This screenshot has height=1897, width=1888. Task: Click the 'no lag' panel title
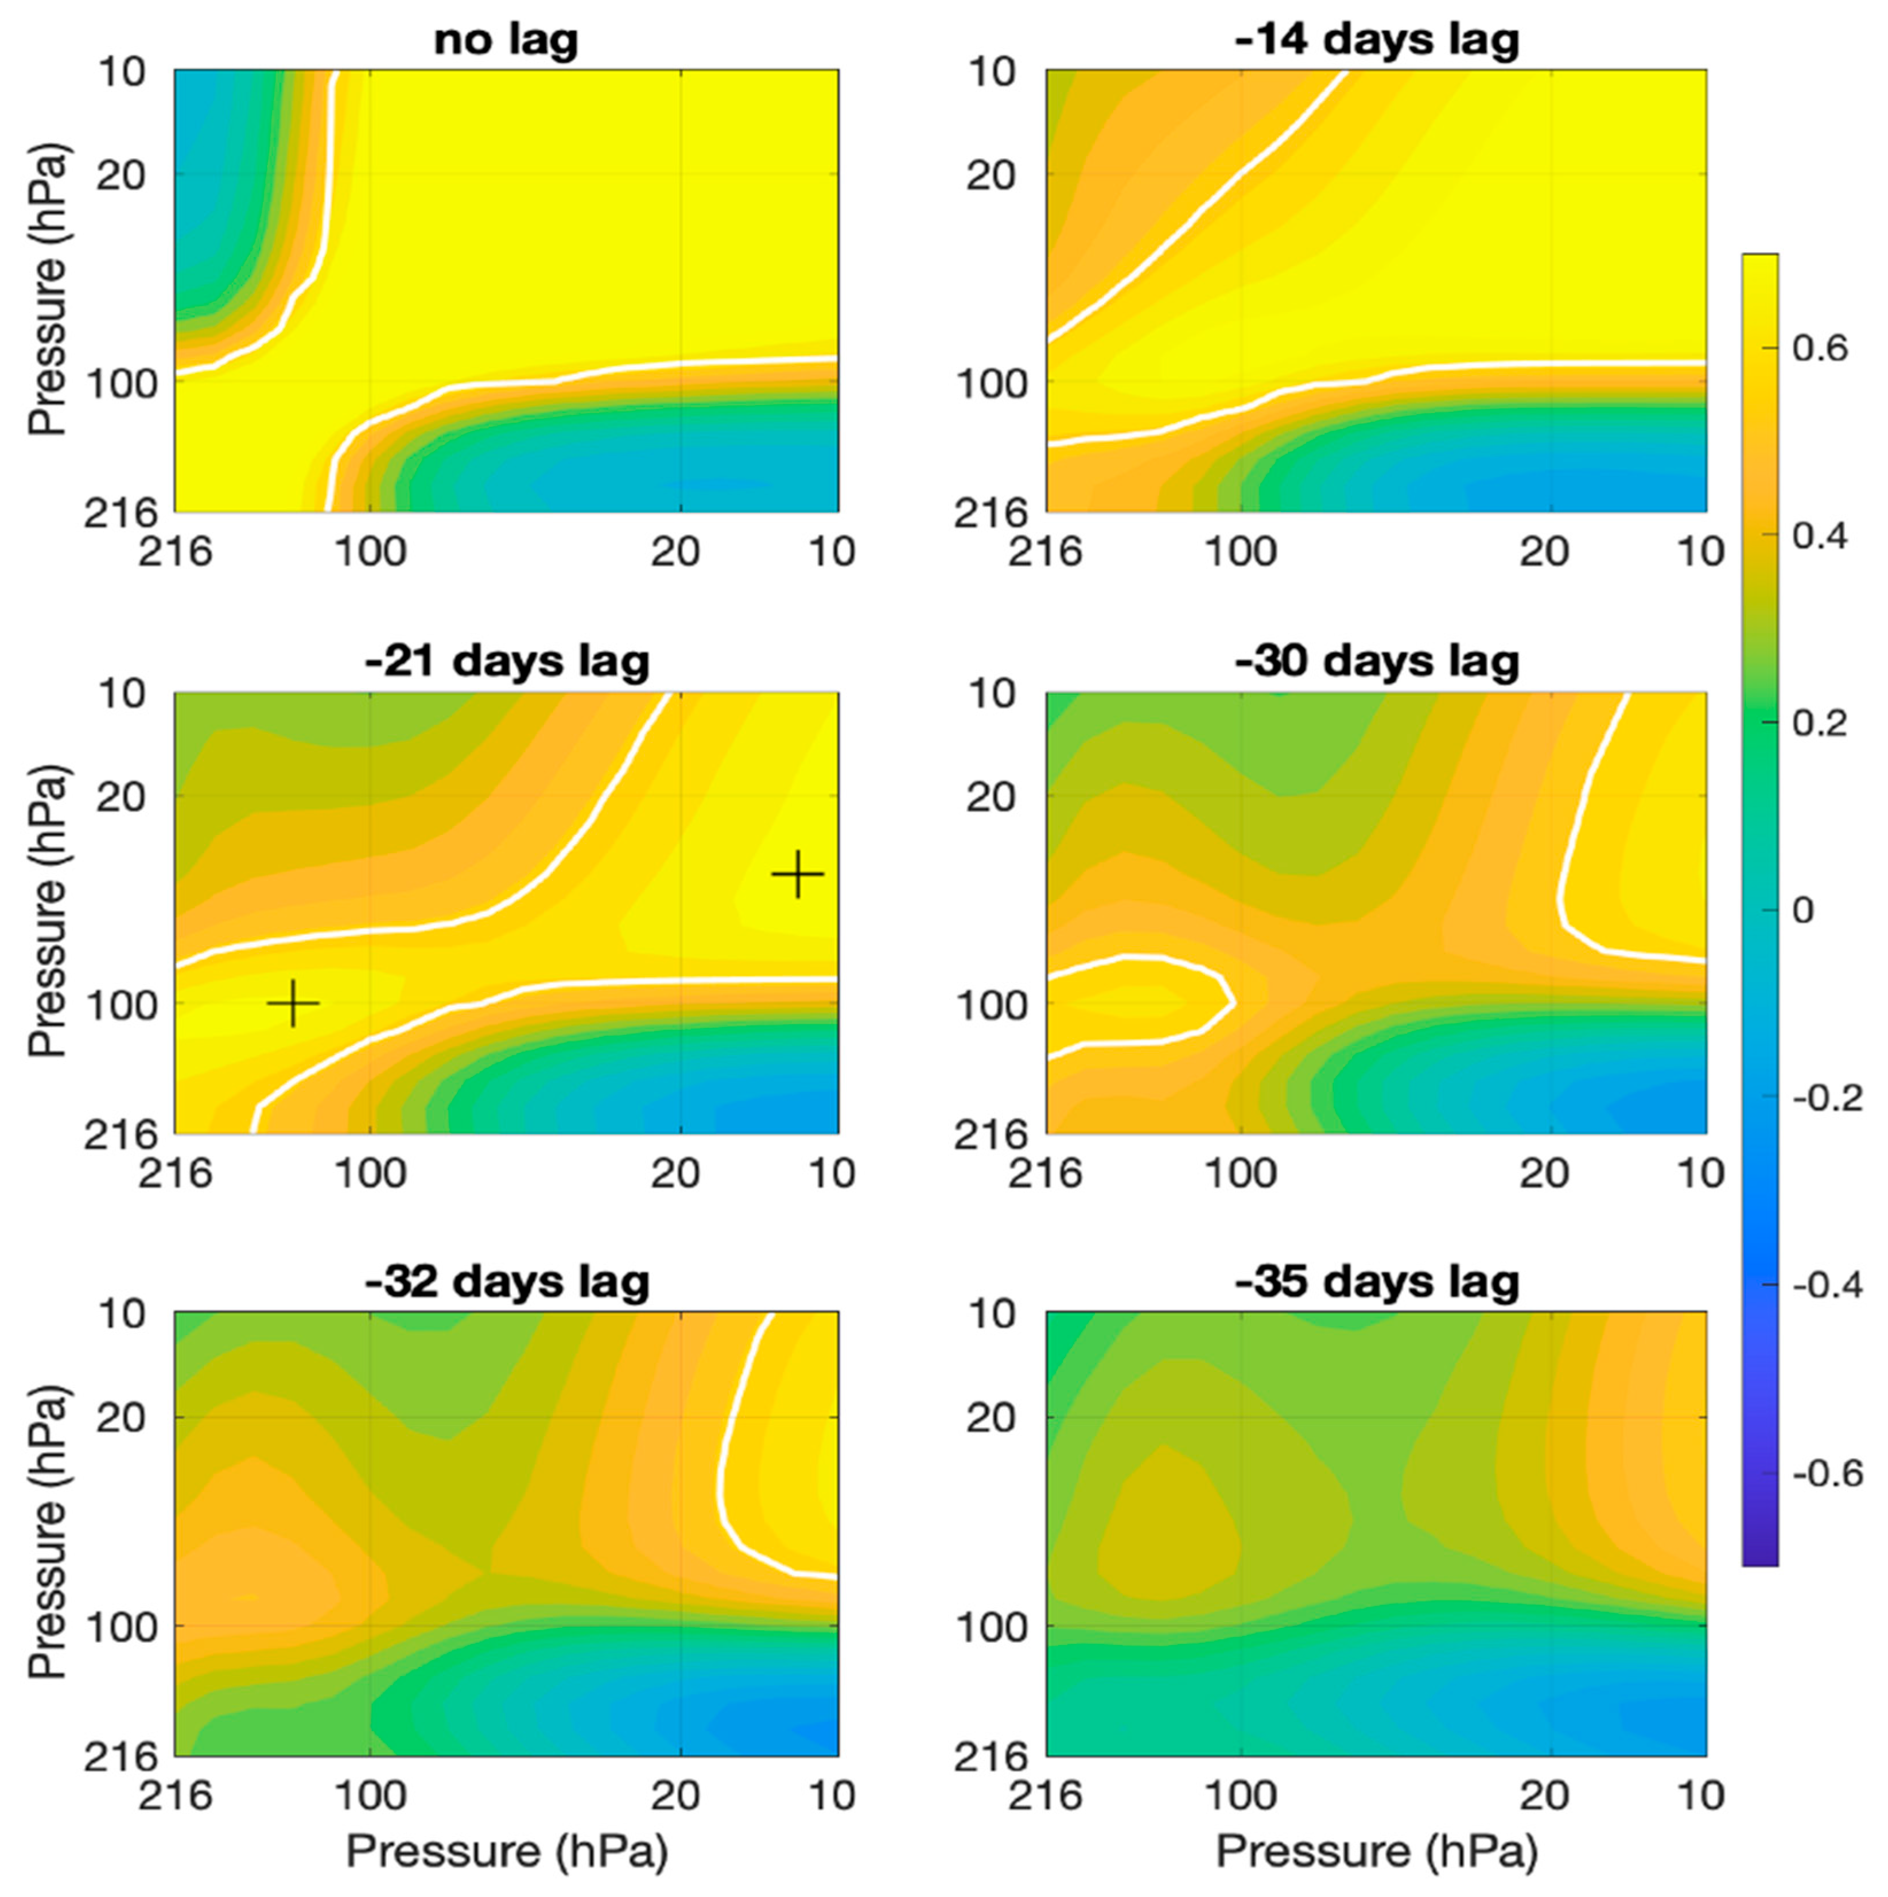[506, 41]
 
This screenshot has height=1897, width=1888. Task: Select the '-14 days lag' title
[1377, 41]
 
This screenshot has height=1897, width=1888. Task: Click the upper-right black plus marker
[797, 873]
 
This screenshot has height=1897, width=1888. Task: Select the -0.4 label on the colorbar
[1826, 1284]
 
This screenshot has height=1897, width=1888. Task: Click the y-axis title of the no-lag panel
[47, 290]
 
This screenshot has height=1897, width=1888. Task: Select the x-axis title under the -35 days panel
[1377, 1852]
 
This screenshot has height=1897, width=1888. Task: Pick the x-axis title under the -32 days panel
[506, 1852]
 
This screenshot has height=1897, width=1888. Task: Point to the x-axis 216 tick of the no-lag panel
[175, 552]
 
